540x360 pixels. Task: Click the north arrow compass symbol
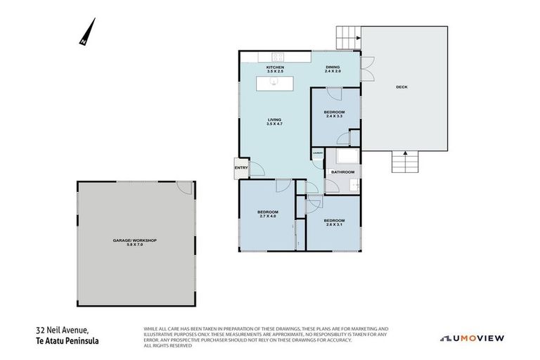click(x=88, y=32)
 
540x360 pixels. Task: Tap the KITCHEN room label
click(x=274, y=67)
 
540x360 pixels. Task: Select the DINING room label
click(x=333, y=67)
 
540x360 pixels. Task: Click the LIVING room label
click(x=274, y=120)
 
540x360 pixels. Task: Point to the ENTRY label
click(x=241, y=167)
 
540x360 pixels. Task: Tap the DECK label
click(x=401, y=87)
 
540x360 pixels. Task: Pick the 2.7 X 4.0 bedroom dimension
click(x=267, y=217)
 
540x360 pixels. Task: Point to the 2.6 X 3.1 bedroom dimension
click(x=334, y=225)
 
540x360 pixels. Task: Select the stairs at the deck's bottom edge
click(x=405, y=162)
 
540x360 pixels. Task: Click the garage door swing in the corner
click(x=184, y=188)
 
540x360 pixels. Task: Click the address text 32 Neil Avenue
click(x=62, y=329)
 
